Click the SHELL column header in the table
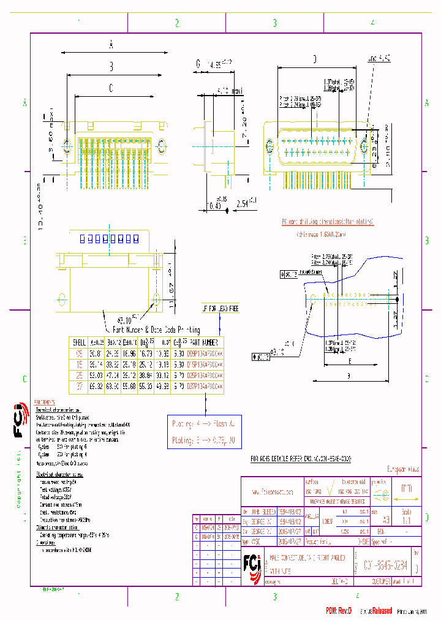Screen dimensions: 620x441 point(80,342)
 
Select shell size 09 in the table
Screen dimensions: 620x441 point(79,353)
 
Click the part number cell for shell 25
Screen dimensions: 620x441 point(205,376)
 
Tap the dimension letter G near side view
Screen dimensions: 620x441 point(198,64)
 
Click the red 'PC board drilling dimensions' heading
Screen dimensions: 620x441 point(327,222)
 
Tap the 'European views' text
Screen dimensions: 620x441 point(401,470)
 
